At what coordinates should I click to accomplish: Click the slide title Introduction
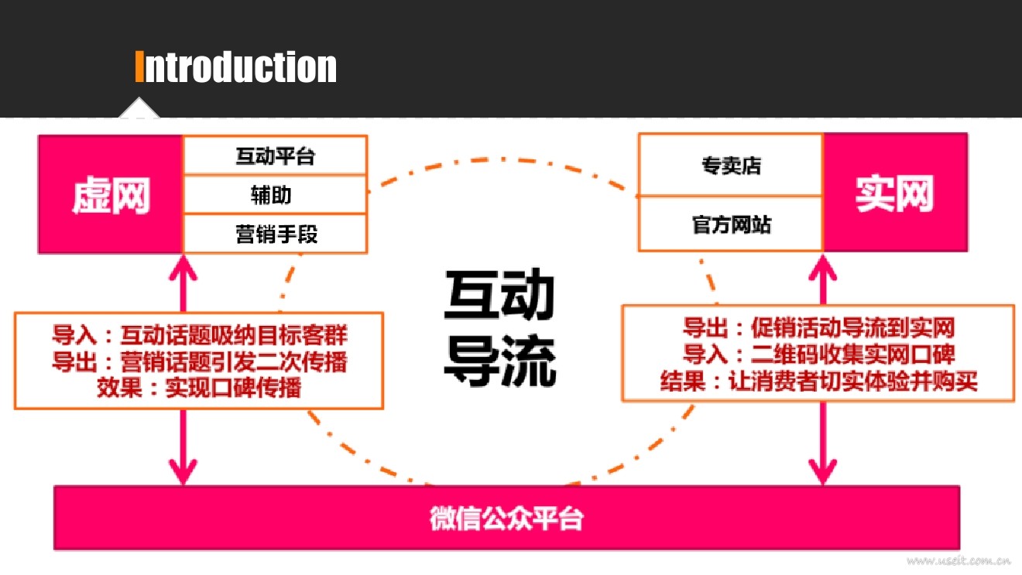point(236,67)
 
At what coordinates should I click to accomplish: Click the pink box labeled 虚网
point(110,195)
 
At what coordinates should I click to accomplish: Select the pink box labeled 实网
point(894,193)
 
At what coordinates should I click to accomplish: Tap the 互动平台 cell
point(275,156)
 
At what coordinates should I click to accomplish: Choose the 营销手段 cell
point(276,234)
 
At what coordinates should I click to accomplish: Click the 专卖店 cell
point(731,166)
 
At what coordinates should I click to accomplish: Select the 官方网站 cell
point(731,224)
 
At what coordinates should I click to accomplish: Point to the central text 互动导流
point(499,327)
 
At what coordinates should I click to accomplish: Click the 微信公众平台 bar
point(506,518)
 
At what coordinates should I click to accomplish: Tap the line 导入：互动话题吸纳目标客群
point(199,336)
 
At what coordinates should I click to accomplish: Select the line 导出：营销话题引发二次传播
point(199,361)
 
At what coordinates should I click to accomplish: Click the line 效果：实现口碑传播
point(199,387)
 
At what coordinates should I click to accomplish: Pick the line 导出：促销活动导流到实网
point(818,327)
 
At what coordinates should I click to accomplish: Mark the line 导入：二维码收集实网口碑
point(818,354)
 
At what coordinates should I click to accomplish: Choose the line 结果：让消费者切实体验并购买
point(818,381)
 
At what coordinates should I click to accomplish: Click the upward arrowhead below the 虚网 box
point(183,267)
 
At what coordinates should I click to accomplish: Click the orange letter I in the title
point(139,67)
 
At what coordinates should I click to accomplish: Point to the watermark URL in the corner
point(959,560)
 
